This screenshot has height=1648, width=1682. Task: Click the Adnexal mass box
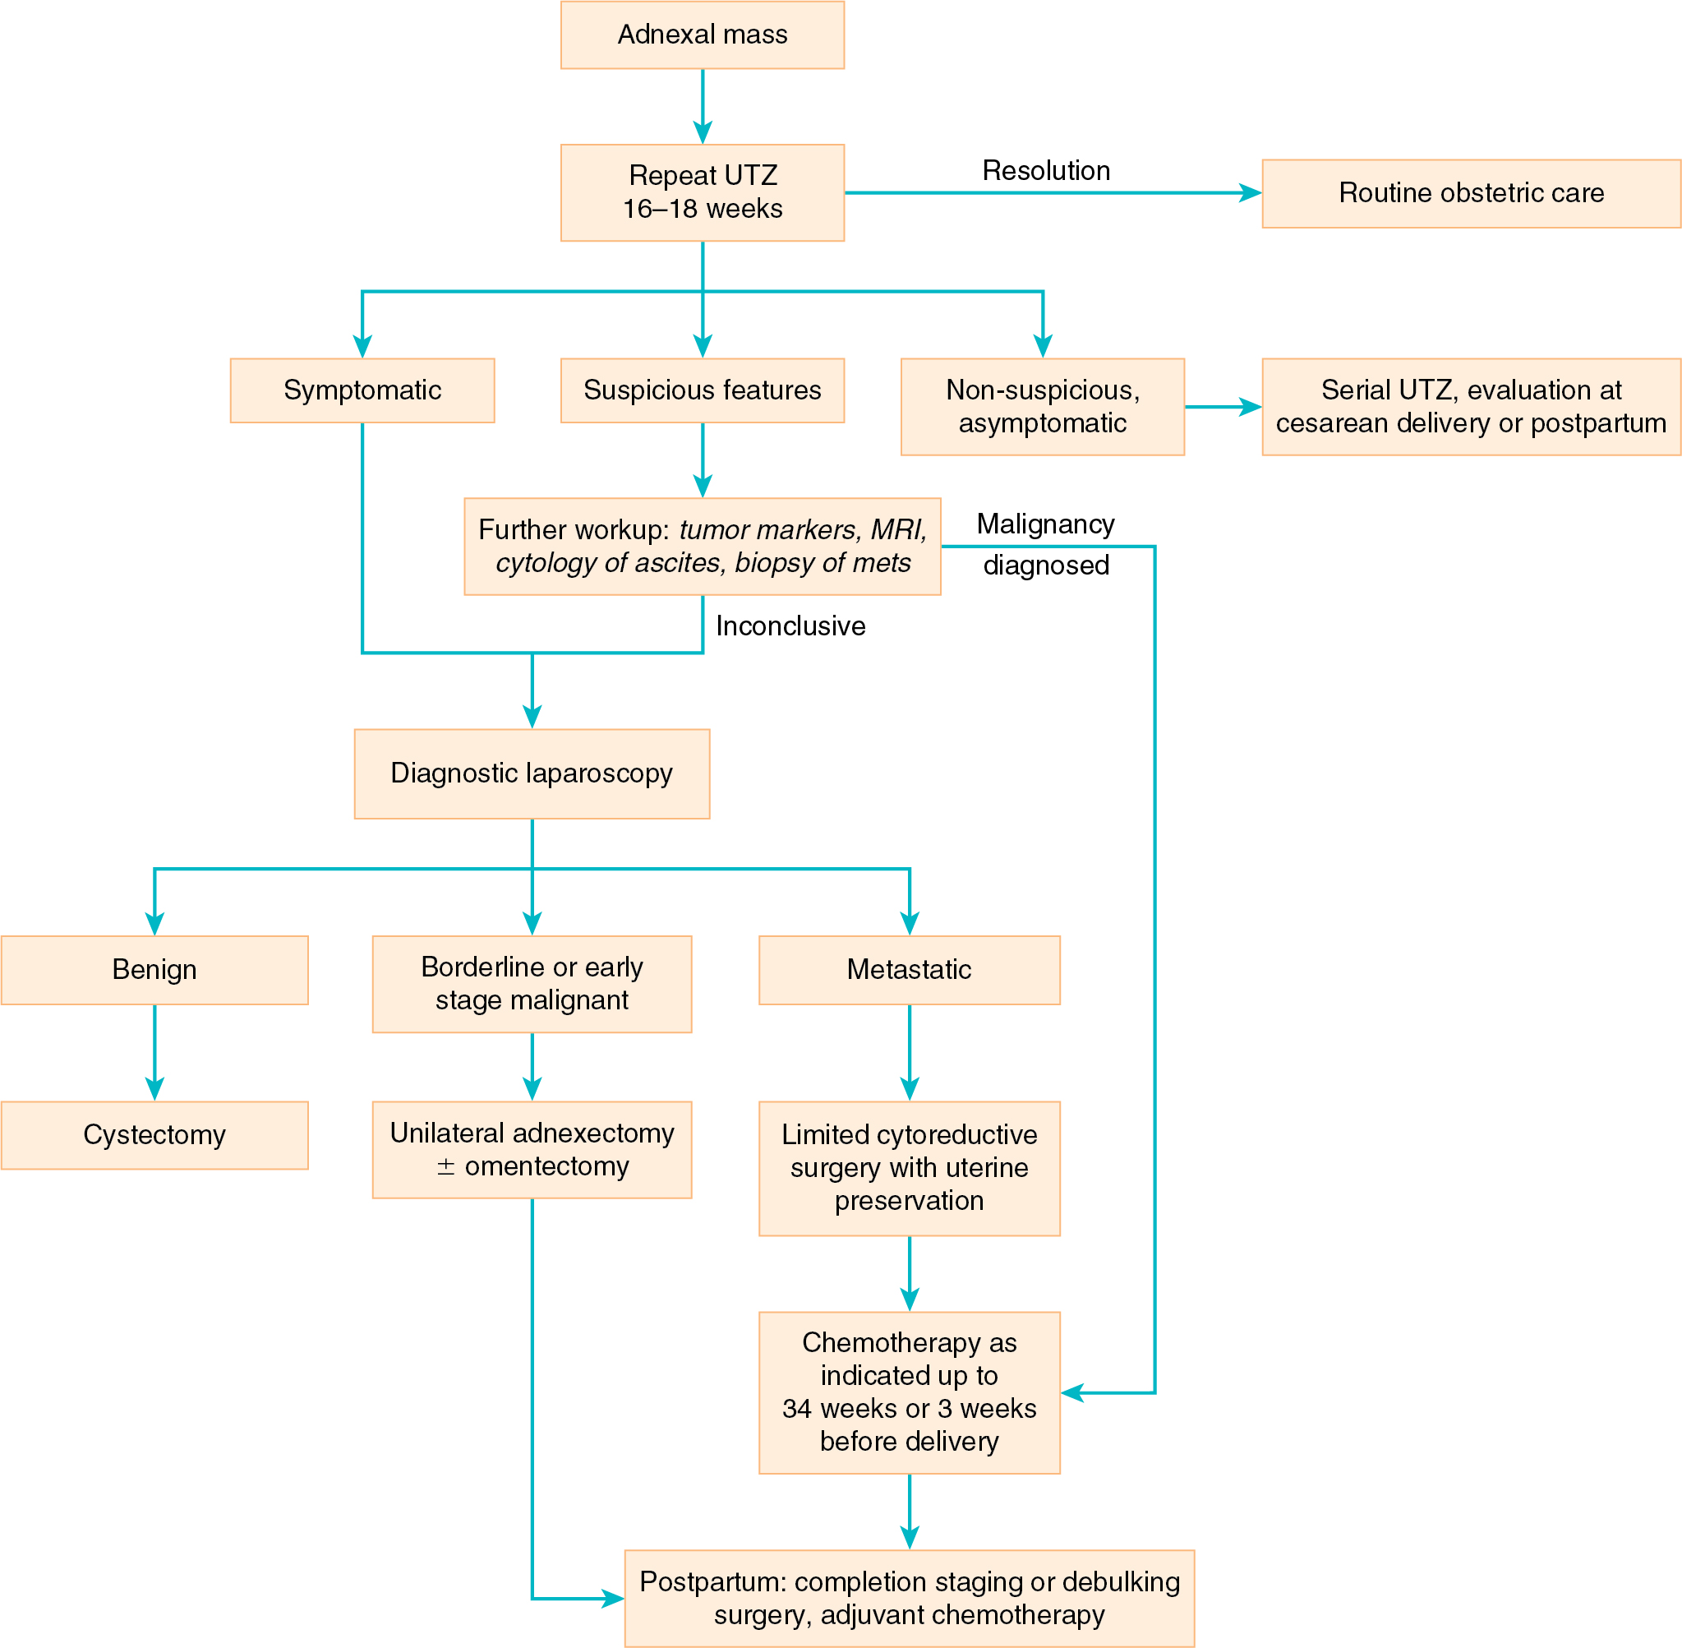point(702,35)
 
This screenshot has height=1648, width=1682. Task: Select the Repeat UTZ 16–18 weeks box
point(702,192)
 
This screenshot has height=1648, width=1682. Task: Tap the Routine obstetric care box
point(1470,193)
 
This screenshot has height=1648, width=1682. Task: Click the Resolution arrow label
point(1045,170)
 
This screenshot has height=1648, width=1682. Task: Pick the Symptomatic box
point(362,390)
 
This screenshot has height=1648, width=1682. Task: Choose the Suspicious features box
point(702,390)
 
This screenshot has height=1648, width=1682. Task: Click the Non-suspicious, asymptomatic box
point(1042,407)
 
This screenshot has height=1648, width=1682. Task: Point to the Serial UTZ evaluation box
point(1470,407)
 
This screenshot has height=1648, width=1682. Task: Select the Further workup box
point(702,546)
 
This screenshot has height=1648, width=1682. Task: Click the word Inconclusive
point(790,626)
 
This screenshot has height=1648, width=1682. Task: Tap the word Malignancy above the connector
point(1045,524)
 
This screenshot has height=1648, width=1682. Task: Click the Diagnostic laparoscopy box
point(532,773)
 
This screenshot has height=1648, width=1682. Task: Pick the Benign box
point(154,969)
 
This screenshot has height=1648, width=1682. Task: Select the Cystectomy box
point(154,1135)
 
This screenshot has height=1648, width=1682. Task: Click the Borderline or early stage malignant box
point(532,983)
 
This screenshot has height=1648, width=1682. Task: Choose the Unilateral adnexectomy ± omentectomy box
point(532,1149)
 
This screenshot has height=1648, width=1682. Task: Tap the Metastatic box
point(909,969)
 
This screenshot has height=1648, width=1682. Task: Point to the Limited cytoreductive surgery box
point(909,1168)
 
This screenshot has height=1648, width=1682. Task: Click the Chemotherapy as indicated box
point(909,1392)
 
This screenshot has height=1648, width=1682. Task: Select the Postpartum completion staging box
point(909,1598)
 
